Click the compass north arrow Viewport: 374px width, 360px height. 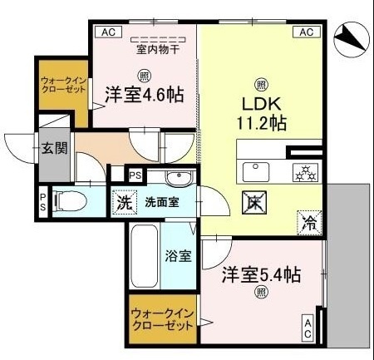click(x=350, y=38)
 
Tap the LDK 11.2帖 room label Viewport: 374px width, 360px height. click(x=260, y=113)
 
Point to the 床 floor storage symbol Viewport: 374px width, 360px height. click(x=253, y=200)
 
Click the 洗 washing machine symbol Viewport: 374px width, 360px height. click(x=124, y=201)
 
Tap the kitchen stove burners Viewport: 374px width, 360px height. click(x=303, y=172)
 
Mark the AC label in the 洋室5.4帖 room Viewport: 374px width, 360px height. click(x=308, y=328)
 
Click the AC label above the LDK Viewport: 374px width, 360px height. click(x=305, y=32)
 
